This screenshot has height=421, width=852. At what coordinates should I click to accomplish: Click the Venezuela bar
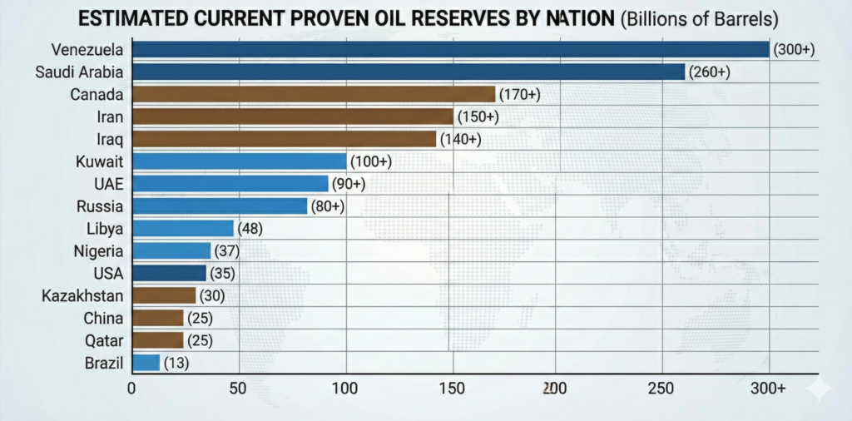coord(449,50)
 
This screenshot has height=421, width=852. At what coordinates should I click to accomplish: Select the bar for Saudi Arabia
coord(408,72)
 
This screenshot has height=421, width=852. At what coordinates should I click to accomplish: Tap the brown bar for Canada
coord(313,94)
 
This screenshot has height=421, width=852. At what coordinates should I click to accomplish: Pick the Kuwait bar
coord(239,161)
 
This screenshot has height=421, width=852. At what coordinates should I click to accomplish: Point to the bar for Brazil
coord(146,363)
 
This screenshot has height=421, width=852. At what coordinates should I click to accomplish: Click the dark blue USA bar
coord(169,273)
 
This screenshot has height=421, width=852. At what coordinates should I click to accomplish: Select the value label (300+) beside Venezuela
coord(794,50)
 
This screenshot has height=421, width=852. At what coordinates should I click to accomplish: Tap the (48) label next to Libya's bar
coord(250,228)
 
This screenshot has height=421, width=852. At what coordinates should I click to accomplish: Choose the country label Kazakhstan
coord(83,295)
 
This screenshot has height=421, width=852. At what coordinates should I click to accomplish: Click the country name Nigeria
coord(98,250)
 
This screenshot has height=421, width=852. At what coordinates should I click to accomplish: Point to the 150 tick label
coord(452,388)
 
